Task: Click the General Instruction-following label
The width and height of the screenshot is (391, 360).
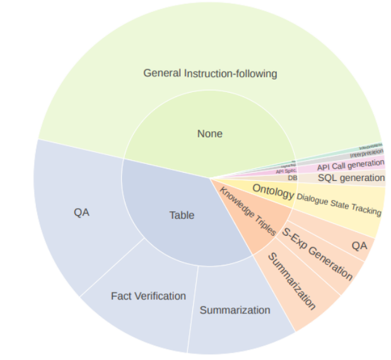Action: [x=210, y=73]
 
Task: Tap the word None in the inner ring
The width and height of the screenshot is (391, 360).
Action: [x=210, y=134]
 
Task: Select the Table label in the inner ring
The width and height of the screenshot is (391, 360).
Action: [x=182, y=215]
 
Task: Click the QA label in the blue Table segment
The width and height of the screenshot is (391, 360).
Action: [x=81, y=212]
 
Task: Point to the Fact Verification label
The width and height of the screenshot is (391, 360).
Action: [x=148, y=296]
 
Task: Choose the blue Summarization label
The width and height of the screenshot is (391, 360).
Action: [x=235, y=310]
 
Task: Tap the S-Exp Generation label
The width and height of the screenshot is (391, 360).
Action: [x=317, y=254]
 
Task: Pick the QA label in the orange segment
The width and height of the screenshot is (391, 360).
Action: [x=359, y=245]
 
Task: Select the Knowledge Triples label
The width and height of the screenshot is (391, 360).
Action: [x=247, y=211]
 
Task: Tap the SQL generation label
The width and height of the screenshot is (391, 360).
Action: [x=351, y=178]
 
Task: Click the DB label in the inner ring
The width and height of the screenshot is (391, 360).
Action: [x=293, y=178]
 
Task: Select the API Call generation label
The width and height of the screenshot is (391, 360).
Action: [x=350, y=165]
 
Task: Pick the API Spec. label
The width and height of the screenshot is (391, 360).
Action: [x=286, y=171]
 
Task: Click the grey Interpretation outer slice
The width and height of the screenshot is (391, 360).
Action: [x=366, y=153]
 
